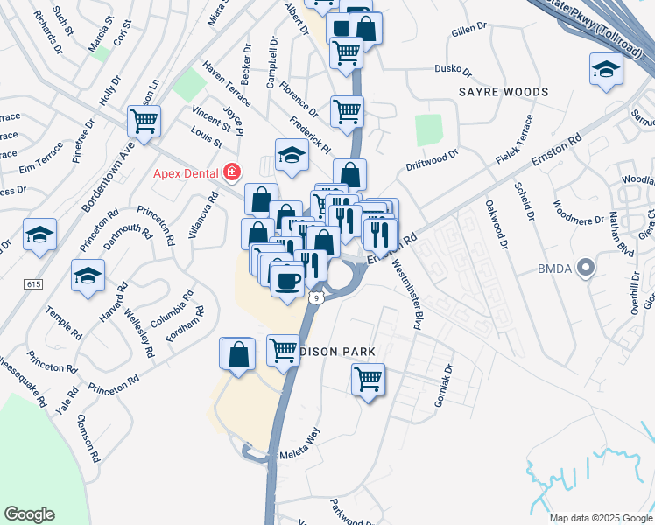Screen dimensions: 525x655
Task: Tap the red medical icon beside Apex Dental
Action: [x=232, y=172]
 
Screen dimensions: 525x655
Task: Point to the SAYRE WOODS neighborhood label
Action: [x=504, y=92]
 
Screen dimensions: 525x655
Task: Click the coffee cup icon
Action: [x=285, y=280]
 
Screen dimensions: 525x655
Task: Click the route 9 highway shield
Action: [x=320, y=298]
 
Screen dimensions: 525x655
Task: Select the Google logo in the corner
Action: [x=29, y=514]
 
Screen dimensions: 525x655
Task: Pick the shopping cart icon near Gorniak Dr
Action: [x=368, y=380]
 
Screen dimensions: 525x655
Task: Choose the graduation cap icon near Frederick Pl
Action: [x=292, y=155]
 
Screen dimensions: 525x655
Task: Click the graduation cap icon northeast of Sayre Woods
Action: [x=606, y=69]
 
